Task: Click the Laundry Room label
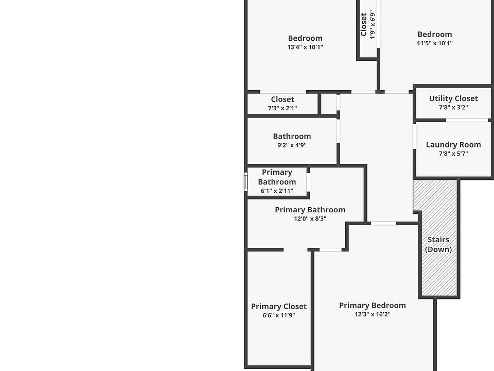453,145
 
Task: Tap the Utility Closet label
453,98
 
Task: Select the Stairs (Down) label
438,244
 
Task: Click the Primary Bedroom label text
372,306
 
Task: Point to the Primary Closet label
279,307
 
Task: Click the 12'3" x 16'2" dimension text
372,314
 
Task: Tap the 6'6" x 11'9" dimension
279,315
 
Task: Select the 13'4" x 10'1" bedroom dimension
305,47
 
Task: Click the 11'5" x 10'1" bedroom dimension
435,43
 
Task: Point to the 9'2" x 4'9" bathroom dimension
292,145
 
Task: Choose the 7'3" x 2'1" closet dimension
283,108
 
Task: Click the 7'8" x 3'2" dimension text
453,107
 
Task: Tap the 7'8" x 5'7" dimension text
453,154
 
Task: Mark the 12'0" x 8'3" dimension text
310,218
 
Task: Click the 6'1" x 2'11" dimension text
277,191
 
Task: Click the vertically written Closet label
364,24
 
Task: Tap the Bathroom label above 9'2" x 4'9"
292,137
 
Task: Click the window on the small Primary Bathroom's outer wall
246,182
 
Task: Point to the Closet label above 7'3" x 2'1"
283,99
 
